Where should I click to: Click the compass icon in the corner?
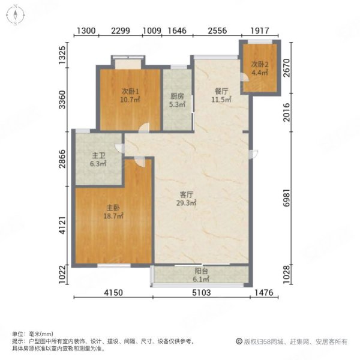coord(15,15)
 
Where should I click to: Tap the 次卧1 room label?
coord(130,95)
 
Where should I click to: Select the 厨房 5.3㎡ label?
coord(177,100)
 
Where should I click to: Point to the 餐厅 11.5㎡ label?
coord(221,95)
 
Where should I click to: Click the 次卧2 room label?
coord(260,68)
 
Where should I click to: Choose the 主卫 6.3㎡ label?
coord(98,160)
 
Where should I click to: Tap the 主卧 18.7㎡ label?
coord(113,212)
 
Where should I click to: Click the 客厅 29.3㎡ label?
coord(186,199)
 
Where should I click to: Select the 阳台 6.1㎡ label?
coord(201,275)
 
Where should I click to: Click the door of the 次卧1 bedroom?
coord(144,128)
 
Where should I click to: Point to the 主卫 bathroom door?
coord(119,148)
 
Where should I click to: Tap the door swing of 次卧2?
coord(244,77)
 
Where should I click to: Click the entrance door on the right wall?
coord(253,154)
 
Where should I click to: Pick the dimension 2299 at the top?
coord(121,31)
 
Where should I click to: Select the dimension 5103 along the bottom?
coord(202,293)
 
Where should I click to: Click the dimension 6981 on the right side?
coord(287,198)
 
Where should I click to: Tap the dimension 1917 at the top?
coord(260,31)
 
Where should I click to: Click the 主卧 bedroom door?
coord(140,161)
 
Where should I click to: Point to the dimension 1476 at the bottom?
coord(264,293)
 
